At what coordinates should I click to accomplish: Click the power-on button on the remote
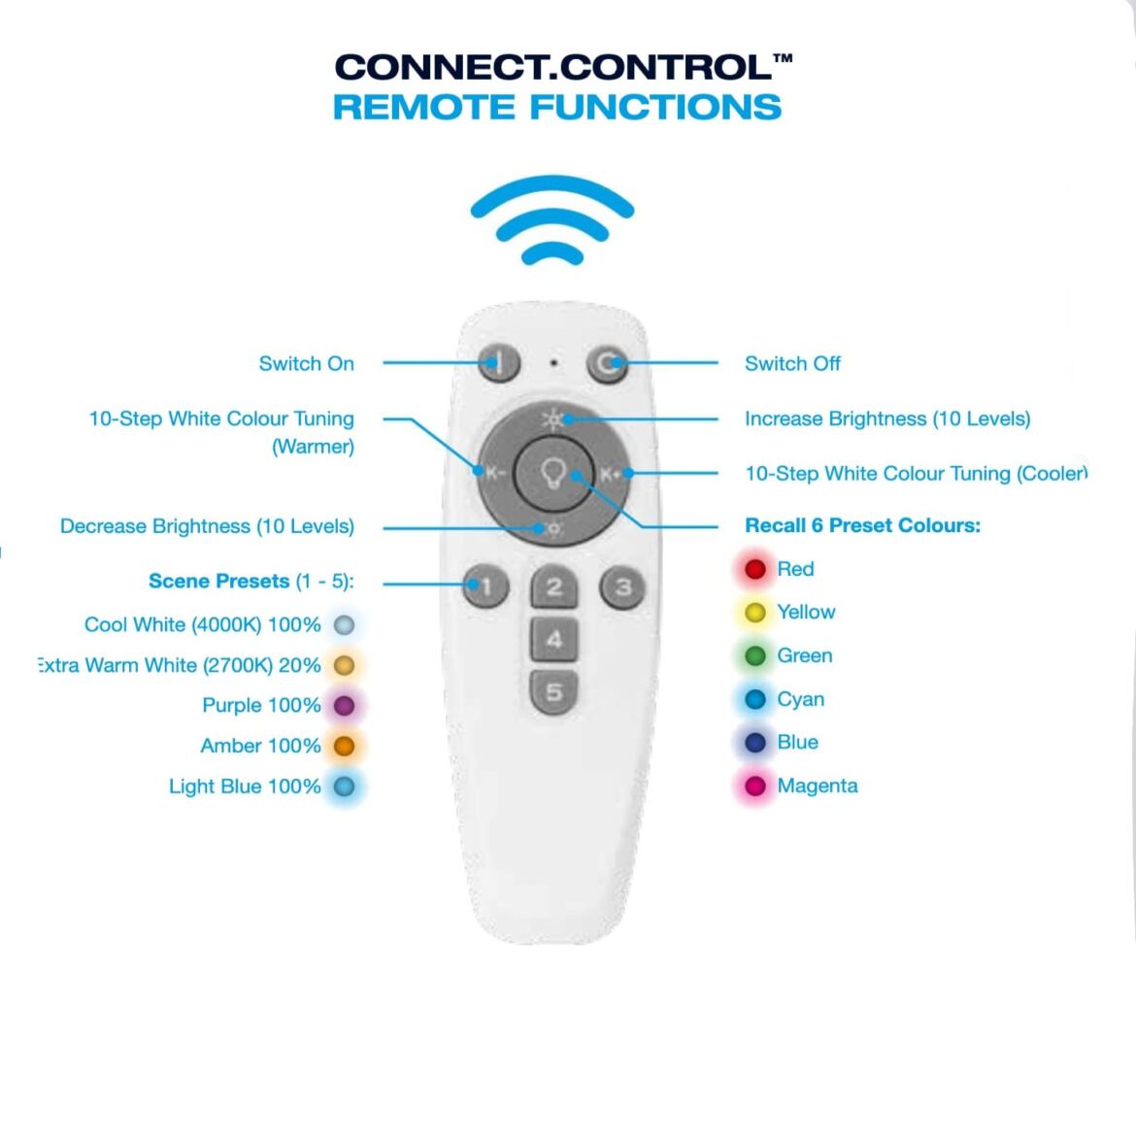pyautogui.click(x=499, y=364)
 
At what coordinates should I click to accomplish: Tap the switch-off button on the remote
pyautogui.click(x=607, y=364)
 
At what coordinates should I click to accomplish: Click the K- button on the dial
pyautogui.click(x=494, y=474)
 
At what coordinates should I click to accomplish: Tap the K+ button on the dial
pyautogui.click(x=611, y=474)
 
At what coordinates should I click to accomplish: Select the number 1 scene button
pyautogui.click(x=485, y=586)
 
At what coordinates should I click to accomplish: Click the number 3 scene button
pyautogui.click(x=622, y=586)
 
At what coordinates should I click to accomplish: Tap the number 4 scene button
pyautogui.click(x=553, y=639)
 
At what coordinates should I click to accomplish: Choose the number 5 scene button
pyautogui.click(x=553, y=691)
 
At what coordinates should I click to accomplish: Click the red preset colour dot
pyautogui.click(x=755, y=569)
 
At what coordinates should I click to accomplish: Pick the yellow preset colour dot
pyautogui.click(x=755, y=613)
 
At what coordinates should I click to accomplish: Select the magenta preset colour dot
pyautogui.click(x=755, y=786)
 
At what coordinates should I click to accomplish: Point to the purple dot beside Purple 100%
pyautogui.click(x=344, y=706)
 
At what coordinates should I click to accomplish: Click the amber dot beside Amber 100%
pyautogui.click(x=344, y=747)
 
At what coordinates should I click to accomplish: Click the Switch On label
pyautogui.click(x=306, y=364)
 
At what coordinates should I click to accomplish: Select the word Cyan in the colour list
pyautogui.click(x=800, y=700)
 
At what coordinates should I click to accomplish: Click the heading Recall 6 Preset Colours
pyautogui.click(x=862, y=526)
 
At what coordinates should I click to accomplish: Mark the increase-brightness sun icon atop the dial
pyautogui.click(x=552, y=419)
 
